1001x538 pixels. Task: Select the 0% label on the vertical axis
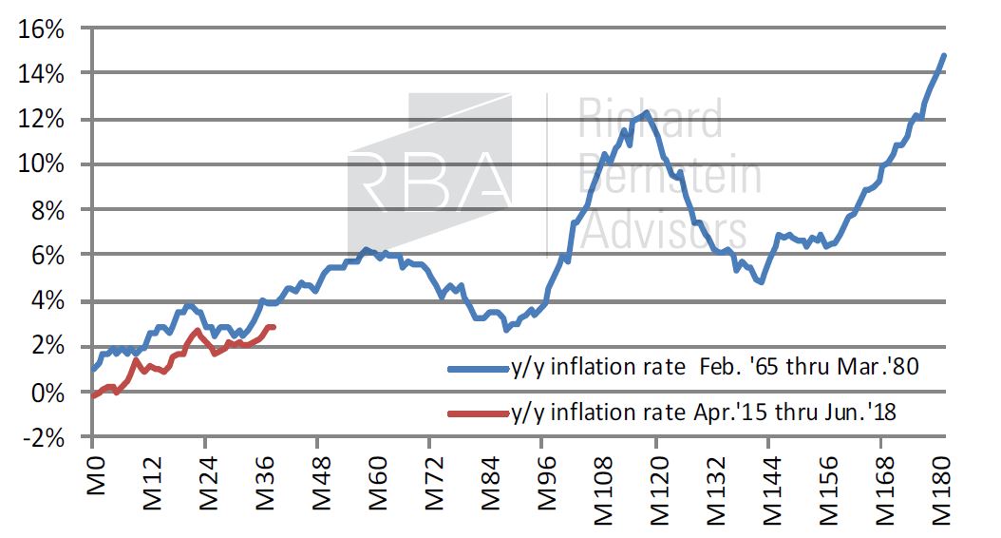coord(47,393)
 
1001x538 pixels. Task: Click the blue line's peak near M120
coord(646,113)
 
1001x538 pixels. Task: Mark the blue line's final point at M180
coord(944,55)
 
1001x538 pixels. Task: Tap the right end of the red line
coord(274,328)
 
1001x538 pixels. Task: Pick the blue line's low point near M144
coord(761,282)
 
